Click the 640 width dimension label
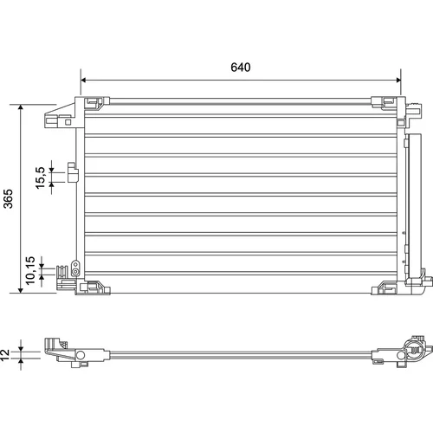tap(241, 68)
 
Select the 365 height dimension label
tap(9, 198)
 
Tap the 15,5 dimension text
tap(41, 178)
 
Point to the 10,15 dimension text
tap(30, 270)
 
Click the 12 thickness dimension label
tap(5, 355)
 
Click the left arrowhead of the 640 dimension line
tap(83, 80)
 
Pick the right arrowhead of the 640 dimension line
tap(398, 80)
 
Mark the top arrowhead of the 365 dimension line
tap(21, 107)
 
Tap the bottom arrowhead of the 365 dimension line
tap(21, 290)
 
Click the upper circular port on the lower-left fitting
tap(75, 265)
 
